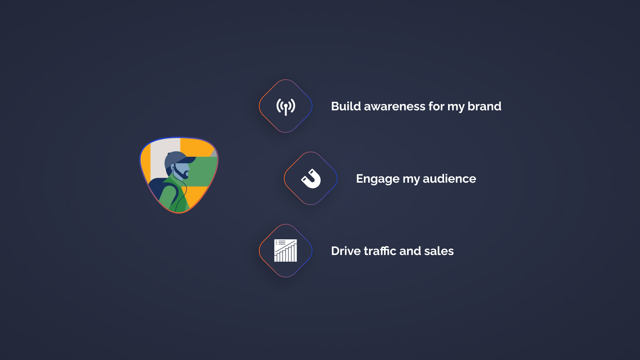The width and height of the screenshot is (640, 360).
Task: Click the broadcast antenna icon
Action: [286, 106]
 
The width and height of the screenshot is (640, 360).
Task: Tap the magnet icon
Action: [311, 179]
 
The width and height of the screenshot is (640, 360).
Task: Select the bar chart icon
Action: [286, 251]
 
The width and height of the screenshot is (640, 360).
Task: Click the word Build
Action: [346, 106]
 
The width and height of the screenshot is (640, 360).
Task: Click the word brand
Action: [484, 106]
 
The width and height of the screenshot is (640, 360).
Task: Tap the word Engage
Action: [378, 179]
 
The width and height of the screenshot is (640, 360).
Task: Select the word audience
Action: [449, 179]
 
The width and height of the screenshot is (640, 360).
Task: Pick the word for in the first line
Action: [436, 106]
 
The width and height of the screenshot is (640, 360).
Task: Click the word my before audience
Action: [411, 179]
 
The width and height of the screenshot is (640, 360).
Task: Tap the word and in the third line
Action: [410, 251]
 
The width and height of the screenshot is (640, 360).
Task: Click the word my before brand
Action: [456, 107]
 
